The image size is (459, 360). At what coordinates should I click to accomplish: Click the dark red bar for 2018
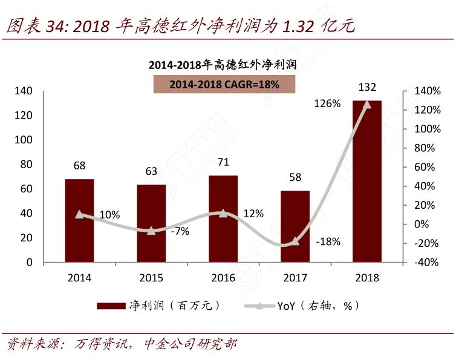pyautogui.click(x=367, y=182)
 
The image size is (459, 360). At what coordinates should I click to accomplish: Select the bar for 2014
pyautogui.click(x=79, y=221)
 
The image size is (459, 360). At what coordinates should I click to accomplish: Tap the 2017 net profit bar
pyautogui.click(x=295, y=227)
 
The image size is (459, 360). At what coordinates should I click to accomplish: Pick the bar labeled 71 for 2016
pyautogui.click(x=223, y=219)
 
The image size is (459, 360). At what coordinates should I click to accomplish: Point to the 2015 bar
pyautogui.click(x=151, y=224)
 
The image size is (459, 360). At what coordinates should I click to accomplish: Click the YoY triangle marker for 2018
pyautogui.click(x=366, y=104)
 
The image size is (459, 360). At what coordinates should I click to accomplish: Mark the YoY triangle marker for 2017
pyautogui.click(x=295, y=241)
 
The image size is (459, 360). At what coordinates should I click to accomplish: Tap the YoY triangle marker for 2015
pyautogui.click(x=151, y=231)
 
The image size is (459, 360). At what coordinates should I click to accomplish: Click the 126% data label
pyautogui.click(x=327, y=104)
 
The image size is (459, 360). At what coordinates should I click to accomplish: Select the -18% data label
pyautogui.click(x=328, y=241)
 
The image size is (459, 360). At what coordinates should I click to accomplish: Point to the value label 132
pyautogui.click(x=367, y=87)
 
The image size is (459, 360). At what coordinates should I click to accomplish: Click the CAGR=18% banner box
pyautogui.click(x=224, y=85)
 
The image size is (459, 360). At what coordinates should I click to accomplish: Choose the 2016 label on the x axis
pyautogui.click(x=223, y=278)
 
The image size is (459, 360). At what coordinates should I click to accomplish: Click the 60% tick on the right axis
pyautogui.click(x=426, y=167)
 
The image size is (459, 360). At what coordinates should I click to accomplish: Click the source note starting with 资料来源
pyautogui.click(x=121, y=344)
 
